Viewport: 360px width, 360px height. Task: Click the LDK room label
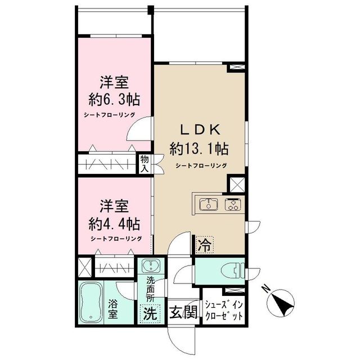(199, 129)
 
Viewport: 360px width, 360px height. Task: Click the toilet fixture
(234, 270)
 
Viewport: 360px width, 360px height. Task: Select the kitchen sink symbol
(209, 204)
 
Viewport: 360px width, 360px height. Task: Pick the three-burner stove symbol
(231, 204)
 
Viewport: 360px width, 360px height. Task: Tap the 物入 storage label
(145, 164)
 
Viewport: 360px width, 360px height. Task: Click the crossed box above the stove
(236, 184)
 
